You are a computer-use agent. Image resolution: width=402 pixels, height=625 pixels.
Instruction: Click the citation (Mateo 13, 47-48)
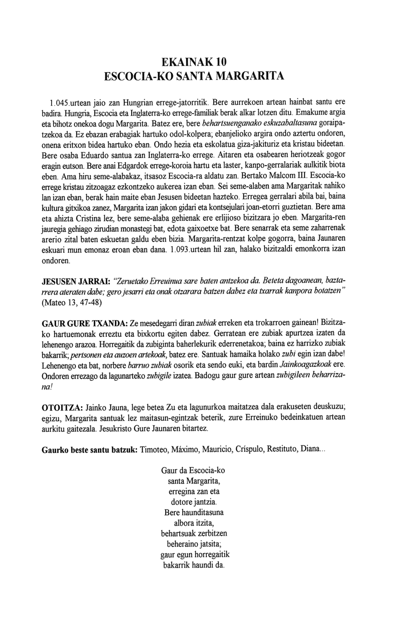71,302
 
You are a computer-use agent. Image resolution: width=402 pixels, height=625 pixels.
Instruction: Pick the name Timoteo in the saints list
155,450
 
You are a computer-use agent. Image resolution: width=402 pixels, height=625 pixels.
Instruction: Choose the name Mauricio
217,450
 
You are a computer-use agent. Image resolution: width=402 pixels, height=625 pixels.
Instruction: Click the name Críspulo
251,450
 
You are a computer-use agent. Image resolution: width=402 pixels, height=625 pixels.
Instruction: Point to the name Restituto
286,450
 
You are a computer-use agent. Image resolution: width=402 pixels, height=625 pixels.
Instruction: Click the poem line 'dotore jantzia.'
194,501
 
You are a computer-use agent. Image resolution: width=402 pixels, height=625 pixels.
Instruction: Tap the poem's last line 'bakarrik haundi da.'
194,565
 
